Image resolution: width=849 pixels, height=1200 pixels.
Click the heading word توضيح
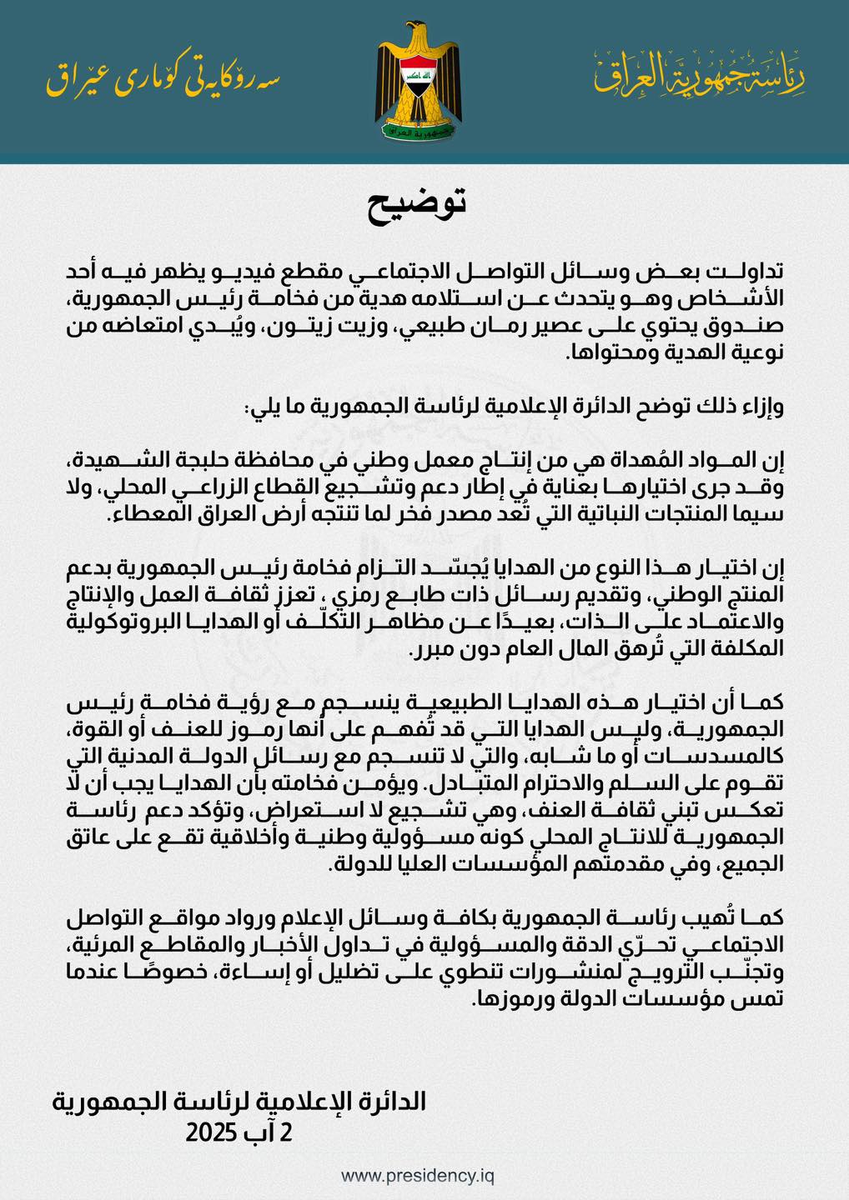click(x=417, y=205)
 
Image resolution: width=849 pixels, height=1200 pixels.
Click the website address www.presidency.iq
click(x=417, y=1176)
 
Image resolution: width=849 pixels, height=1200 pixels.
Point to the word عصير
click(x=547, y=327)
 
